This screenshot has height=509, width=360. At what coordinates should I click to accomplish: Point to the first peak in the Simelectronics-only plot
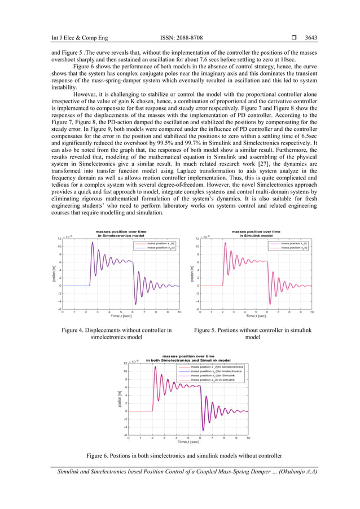pyautogui.click(x=92, y=243)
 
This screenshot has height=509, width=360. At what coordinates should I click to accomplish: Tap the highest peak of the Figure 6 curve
pyautogui.click(x=155, y=368)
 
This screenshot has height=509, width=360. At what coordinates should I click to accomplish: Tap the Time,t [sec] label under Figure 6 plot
pyautogui.click(x=188, y=442)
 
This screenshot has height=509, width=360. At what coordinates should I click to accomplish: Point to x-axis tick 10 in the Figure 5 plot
pyautogui.click(x=311, y=311)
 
